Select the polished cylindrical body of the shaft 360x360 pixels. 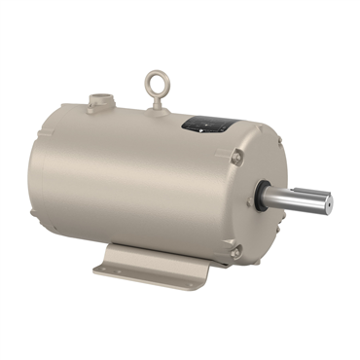tap(297, 199)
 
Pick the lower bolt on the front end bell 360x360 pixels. tap(235, 252)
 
